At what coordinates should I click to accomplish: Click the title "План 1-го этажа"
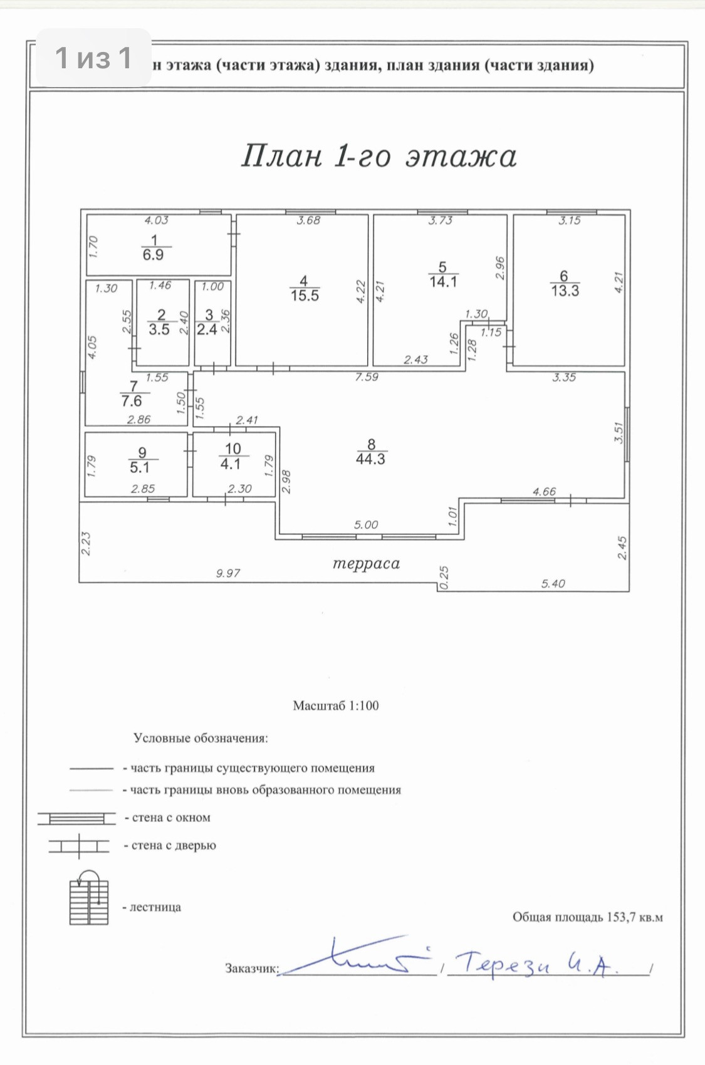(x=379, y=157)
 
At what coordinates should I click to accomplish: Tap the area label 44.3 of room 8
(x=370, y=459)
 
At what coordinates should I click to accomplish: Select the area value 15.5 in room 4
(x=305, y=295)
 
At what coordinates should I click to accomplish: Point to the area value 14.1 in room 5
(x=443, y=282)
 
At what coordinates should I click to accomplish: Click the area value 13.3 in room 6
(x=565, y=291)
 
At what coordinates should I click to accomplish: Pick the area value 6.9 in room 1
(x=153, y=255)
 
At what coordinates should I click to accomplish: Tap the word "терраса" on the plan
(x=366, y=564)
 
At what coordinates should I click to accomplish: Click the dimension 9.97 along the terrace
(x=228, y=573)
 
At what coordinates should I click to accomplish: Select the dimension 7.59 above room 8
(x=367, y=377)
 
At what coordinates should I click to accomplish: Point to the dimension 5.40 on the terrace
(x=553, y=584)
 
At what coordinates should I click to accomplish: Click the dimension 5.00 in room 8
(x=366, y=525)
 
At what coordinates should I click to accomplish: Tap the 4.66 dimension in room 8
(x=544, y=492)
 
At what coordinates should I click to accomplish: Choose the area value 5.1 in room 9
(x=140, y=468)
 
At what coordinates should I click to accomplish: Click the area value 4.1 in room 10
(x=230, y=464)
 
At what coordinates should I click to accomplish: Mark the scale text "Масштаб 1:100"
(x=336, y=705)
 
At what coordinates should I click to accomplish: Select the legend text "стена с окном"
(x=171, y=818)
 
